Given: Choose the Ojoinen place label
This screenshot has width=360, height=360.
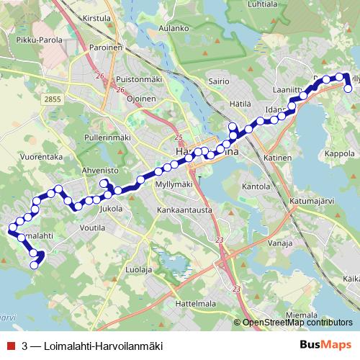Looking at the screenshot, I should [x=141, y=98].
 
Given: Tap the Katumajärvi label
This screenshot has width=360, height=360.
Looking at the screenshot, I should [x=312, y=200].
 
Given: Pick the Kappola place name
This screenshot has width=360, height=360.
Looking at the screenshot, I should [x=341, y=154].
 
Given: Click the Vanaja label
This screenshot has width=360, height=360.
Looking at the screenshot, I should [x=278, y=243].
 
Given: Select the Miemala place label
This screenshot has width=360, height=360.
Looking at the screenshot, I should [x=303, y=315].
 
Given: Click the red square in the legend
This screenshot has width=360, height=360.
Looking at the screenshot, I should [x=9, y=345].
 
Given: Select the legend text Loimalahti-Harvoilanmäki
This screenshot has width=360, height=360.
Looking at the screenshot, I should [x=104, y=345].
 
